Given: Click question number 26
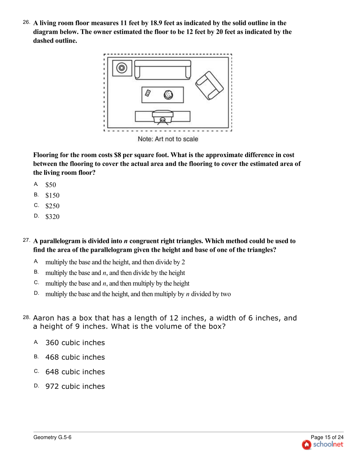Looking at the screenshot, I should pyautogui.click(x=26, y=22).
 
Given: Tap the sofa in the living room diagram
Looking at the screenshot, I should pyautogui.click(x=163, y=70).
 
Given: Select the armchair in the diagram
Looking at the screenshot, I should pyautogui.click(x=209, y=85).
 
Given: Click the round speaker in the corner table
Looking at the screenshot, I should pyautogui.click(x=122, y=68).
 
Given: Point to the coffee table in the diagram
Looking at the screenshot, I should pyautogui.click(x=163, y=95).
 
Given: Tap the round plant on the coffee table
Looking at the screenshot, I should pyautogui.click(x=168, y=95).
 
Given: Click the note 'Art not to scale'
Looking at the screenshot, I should pyautogui.click(x=168, y=139).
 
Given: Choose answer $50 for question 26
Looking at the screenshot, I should pyautogui.click(x=51, y=185).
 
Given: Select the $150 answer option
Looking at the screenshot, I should pyautogui.click(x=52, y=195).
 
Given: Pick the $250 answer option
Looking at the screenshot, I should pyautogui.click(x=52, y=206).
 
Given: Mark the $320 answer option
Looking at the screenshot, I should pyautogui.click(x=52, y=217).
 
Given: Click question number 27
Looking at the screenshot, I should pyautogui.click(x=26, y=240).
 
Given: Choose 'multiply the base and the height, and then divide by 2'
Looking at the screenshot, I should pyautogui.click(x=115, y=262).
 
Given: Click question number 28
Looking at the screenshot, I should pyautogui.click(x=26, y=317).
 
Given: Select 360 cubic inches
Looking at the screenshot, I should pyautogui.click(x=75, y=343).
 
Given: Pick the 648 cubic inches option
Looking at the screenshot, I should pyautogui.click(x=75, y=372).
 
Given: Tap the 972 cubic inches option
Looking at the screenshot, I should pyautogui.click(x=75, y=386).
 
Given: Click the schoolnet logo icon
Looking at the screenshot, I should pyautogui.click(x=306, y=445).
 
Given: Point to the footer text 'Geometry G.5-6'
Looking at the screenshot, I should pyautogui.click(x=52, y=437).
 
